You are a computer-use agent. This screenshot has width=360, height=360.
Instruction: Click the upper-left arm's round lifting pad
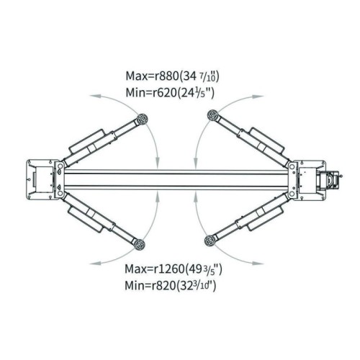pos(141,119)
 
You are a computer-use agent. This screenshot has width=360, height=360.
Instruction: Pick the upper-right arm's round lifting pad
pos(213,115)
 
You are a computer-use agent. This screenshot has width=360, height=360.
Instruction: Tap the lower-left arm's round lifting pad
pos(140,244)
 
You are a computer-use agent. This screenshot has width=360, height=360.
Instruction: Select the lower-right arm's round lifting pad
pos(210,240)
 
